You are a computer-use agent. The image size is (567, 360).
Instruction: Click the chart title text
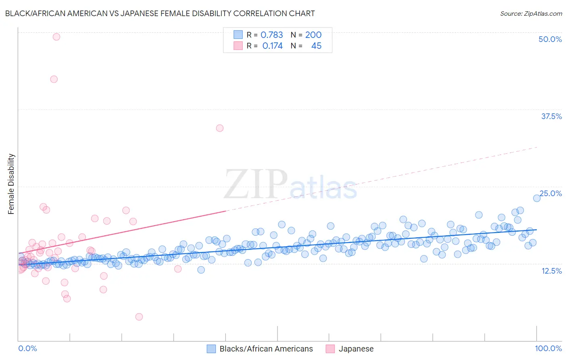click(x=160, y=13)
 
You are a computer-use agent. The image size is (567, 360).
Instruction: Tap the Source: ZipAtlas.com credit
click(x=531, y=13)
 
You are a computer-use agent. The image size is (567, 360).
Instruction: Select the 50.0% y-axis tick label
click(x=550, y=39)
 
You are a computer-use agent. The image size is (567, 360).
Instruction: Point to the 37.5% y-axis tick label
click(x=551, y=116)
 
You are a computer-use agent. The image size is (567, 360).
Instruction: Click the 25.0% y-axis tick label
click(x=550, y=193)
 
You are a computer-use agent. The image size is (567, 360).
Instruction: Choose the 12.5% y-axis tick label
click(x=551, y=271)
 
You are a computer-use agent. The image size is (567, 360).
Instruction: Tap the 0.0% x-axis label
click(x=27, y=348)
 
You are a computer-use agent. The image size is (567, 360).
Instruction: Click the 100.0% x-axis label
click(x=548, y=348)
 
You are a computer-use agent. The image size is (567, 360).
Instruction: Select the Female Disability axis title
click(x=11, y=184)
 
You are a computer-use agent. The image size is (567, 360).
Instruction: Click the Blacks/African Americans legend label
click(x=266, y=349)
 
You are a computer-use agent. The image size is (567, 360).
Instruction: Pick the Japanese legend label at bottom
click(x=356, y=349)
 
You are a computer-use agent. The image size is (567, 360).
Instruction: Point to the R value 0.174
click(x=272, y=46)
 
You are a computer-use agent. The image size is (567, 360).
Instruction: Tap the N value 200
click(x=313, y=35)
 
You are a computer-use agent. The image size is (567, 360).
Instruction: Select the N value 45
click(x=316, y=46)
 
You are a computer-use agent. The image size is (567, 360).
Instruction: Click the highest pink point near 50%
click(x=56, y=37)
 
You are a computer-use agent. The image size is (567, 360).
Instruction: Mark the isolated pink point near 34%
click(x=220, y=128)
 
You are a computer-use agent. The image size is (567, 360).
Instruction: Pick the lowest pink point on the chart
click(x=139, y=317)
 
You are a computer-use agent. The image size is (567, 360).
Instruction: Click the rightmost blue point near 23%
click(x=537, y=198)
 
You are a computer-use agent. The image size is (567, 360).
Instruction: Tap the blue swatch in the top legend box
click(x=238, y=35)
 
